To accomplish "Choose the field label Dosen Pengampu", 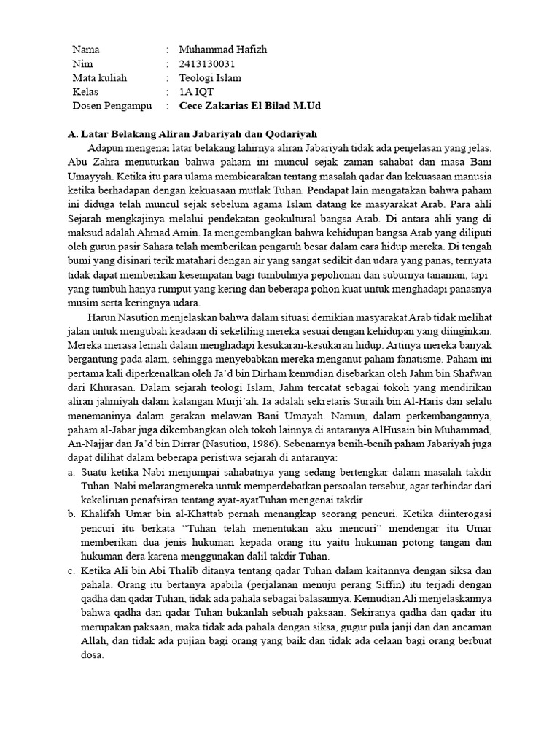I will coord(112,106).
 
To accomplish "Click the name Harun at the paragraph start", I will coord(104,319).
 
